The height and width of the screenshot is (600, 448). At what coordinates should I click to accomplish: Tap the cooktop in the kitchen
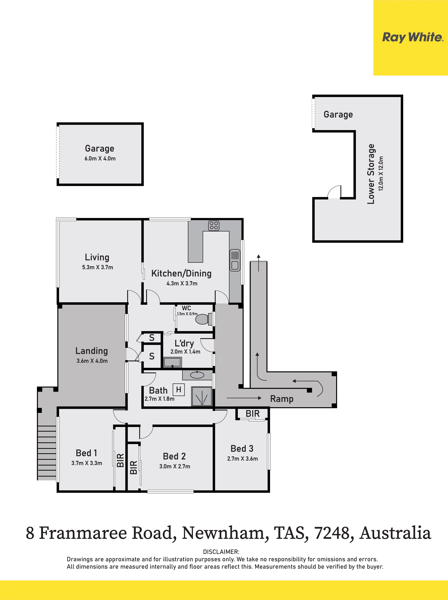pyautogui.click(x=214, y=225)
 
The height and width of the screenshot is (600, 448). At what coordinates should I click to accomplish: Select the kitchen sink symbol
pyautogui.click(x=235, y=260)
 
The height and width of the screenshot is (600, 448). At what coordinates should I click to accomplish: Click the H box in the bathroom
pyautogui.click(x=178, y=390)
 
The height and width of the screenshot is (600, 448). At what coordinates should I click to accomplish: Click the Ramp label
pyautogui.click(x=282, y=399)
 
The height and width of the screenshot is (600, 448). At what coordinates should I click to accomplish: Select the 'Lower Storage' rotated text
pyautogui.click(x=371, y=174)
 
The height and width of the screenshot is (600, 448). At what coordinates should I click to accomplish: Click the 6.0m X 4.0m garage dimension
pyautogui.click(x=100, y=159)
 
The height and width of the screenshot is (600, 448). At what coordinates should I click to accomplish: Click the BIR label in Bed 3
pyautogui.click(x=252, y=414)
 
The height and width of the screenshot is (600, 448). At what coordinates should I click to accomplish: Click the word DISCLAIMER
pyautogui.click(x=221, y=552)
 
